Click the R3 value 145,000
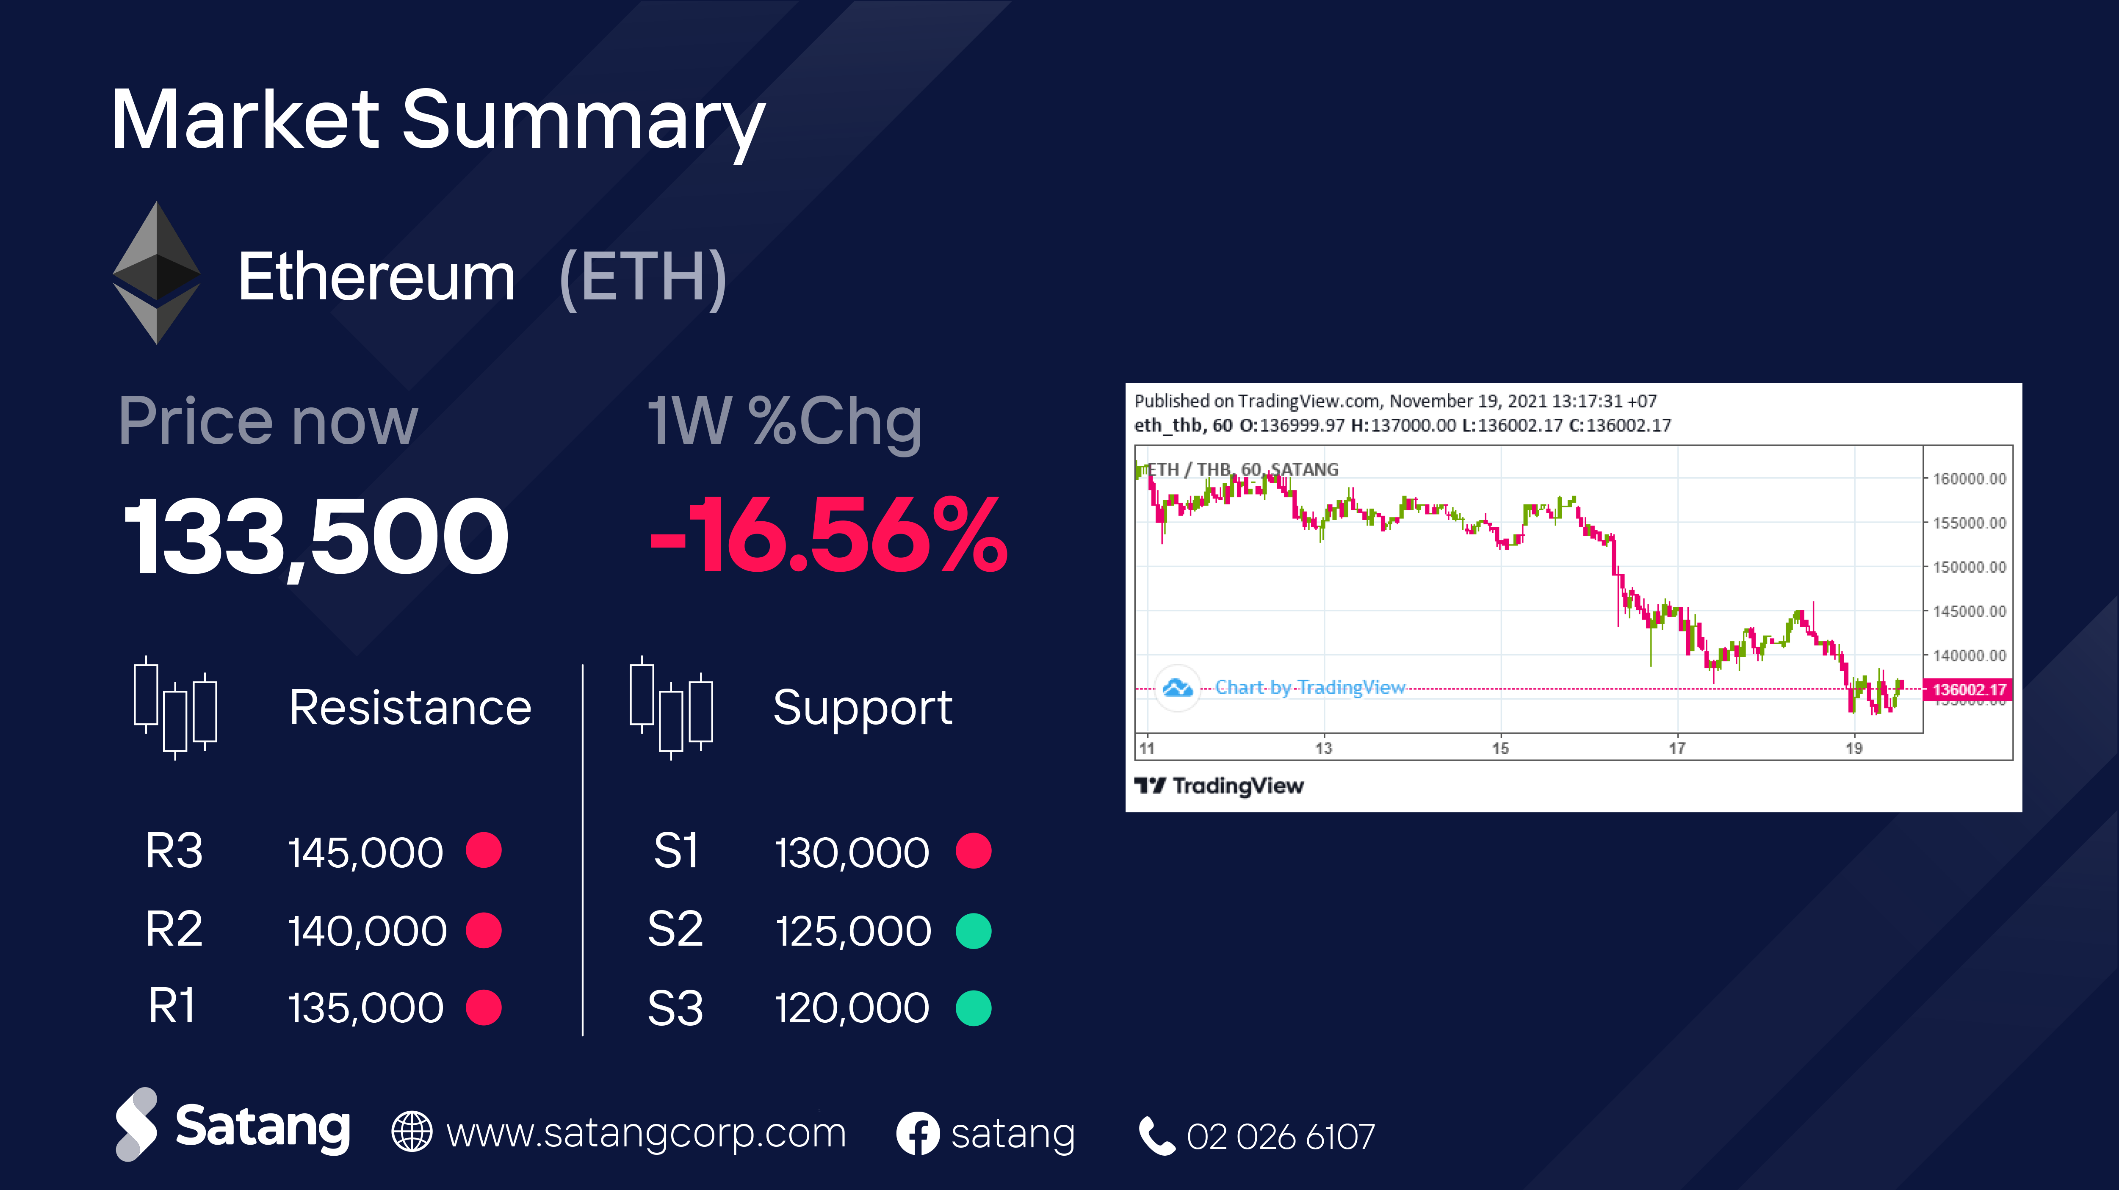pos(365,852)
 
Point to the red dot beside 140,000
pos(484,930)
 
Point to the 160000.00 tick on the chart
pos(1969,479)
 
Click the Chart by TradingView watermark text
pos(1310,687)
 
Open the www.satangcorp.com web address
pos(646,1133)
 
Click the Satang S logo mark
pos(136,1124)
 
